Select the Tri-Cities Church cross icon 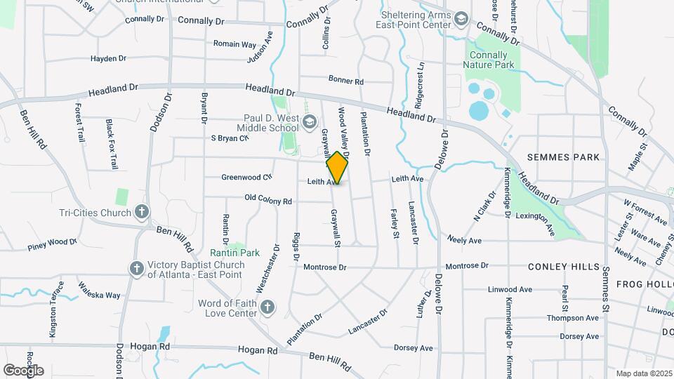coord(142,212)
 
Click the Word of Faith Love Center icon coord(267,308)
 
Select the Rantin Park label coord(234,253)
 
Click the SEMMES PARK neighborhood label coord(564,157)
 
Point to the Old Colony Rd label coord(268,201)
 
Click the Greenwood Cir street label coord(246,178)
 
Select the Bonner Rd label coord(345,81)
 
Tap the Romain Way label coord(234,44)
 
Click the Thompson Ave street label coord(573,318)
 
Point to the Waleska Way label coord(99,291)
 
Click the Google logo coord(23,370)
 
